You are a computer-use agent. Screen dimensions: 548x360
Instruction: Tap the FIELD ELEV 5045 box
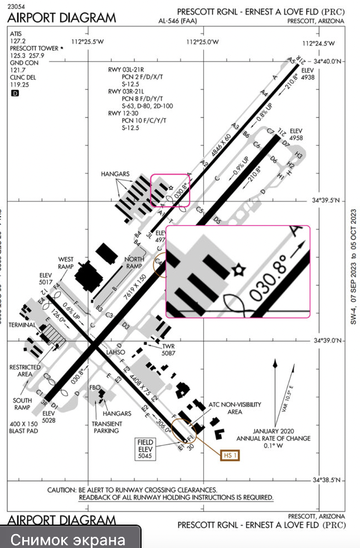[146, 449]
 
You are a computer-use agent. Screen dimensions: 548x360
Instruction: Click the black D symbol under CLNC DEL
[14, 94]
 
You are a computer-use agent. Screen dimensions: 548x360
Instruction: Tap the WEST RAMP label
[66, 263]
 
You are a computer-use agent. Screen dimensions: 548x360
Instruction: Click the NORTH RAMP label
[134, 262]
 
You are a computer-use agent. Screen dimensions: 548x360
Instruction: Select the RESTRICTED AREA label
[25, 371]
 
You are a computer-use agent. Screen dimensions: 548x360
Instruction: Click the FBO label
[95, 387]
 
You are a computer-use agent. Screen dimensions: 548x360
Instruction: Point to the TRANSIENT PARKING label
[108, 427]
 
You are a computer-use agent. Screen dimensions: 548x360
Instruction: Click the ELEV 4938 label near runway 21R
[308, 75]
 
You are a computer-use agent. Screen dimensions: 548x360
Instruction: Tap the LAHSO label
[119, 351]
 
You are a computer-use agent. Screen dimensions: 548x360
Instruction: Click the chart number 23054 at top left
[18, 6]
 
